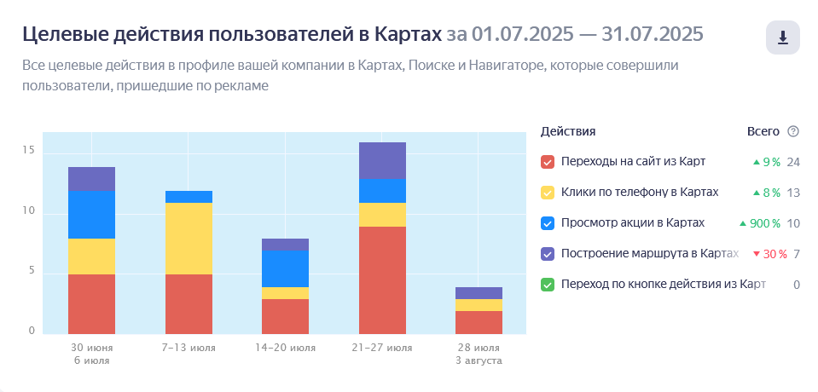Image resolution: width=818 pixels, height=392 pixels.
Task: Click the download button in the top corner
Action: click(x=782, y=37)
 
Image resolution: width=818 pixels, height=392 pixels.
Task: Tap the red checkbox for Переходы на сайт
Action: click(x=548, y=162)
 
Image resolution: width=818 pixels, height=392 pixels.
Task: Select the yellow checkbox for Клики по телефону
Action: click(x=548, y=193)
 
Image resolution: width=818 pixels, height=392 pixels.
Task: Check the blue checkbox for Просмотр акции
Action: click(x=548, y=223)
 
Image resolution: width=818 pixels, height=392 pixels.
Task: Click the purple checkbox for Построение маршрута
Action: click(x=548, y=254)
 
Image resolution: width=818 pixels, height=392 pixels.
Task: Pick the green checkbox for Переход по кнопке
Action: click(x=548, y=285)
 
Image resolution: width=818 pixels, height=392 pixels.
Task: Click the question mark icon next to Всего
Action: click(x=793, y=131)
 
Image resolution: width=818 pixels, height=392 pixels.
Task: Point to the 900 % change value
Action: click(x=761, y=223)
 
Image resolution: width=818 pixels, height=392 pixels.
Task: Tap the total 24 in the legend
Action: click(x=793, y=162)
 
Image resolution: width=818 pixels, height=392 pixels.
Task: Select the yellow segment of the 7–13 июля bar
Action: click(x=189, y=239)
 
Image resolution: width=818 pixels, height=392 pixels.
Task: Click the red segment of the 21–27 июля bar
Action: click(x=382, y=280)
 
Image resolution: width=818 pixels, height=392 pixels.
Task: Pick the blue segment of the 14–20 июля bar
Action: click(x=286, y=268)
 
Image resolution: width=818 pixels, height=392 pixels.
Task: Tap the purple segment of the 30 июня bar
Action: click(x=91, y=179)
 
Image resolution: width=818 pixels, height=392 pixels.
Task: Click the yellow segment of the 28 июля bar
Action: click(x=479, y=305)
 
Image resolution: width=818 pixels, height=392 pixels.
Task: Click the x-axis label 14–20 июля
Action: click(x=286, y=348)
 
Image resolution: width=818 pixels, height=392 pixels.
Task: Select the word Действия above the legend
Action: click(x=568, y=131)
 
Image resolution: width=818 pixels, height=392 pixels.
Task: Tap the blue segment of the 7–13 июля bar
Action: click(x=189, y=197)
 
